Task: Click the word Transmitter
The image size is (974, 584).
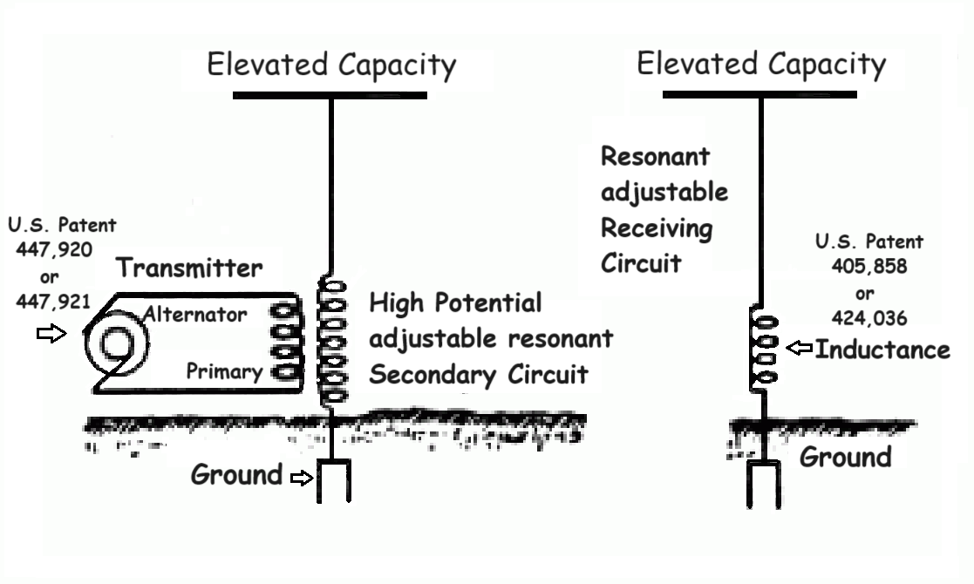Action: (x=189, y=268)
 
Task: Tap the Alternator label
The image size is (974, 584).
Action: (x=195, y=314)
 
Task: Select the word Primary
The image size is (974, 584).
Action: (x=225, y=371)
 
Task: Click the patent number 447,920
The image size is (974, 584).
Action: (x=54, y=249)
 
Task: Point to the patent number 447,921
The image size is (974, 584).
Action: (x=53, y=302)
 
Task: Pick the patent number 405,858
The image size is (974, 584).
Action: (x=869, y=266)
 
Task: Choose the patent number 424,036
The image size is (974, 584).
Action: (x=869, y=318)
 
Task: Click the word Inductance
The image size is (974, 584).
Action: (x=882, y=350)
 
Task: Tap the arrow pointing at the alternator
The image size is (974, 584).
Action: (x=51, y=333)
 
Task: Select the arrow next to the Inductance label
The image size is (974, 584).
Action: (x=800, y=348)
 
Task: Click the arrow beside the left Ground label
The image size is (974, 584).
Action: (x=302, y=478)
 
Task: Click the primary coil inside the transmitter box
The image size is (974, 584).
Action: (x=286, y=341)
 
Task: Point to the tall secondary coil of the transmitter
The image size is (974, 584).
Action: (x=331, y=342)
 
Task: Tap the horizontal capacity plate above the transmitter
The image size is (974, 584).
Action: (x=330, y=96)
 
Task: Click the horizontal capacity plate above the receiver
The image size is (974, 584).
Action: (x=759, y=94)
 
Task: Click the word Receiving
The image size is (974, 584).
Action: (x=657, y=228)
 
